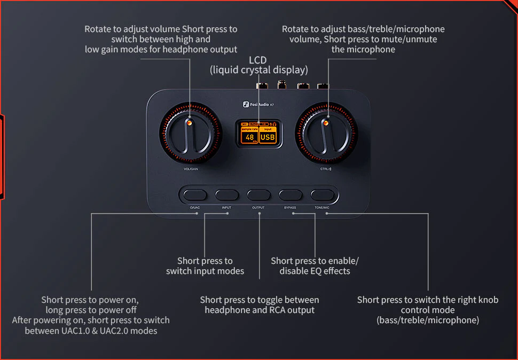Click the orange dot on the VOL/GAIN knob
(189, 123)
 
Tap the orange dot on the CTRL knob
(324, 123)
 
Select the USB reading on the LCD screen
(268, 138)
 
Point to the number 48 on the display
(249, 138)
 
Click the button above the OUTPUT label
(258, 194)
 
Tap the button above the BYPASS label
(291, 194)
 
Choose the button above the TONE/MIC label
(322, 194)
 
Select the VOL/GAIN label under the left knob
(191, 169)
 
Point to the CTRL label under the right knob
(326, 169)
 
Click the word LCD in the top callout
(257, 60)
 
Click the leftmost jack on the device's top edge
(262, 85)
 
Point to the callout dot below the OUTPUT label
(260, 214)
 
